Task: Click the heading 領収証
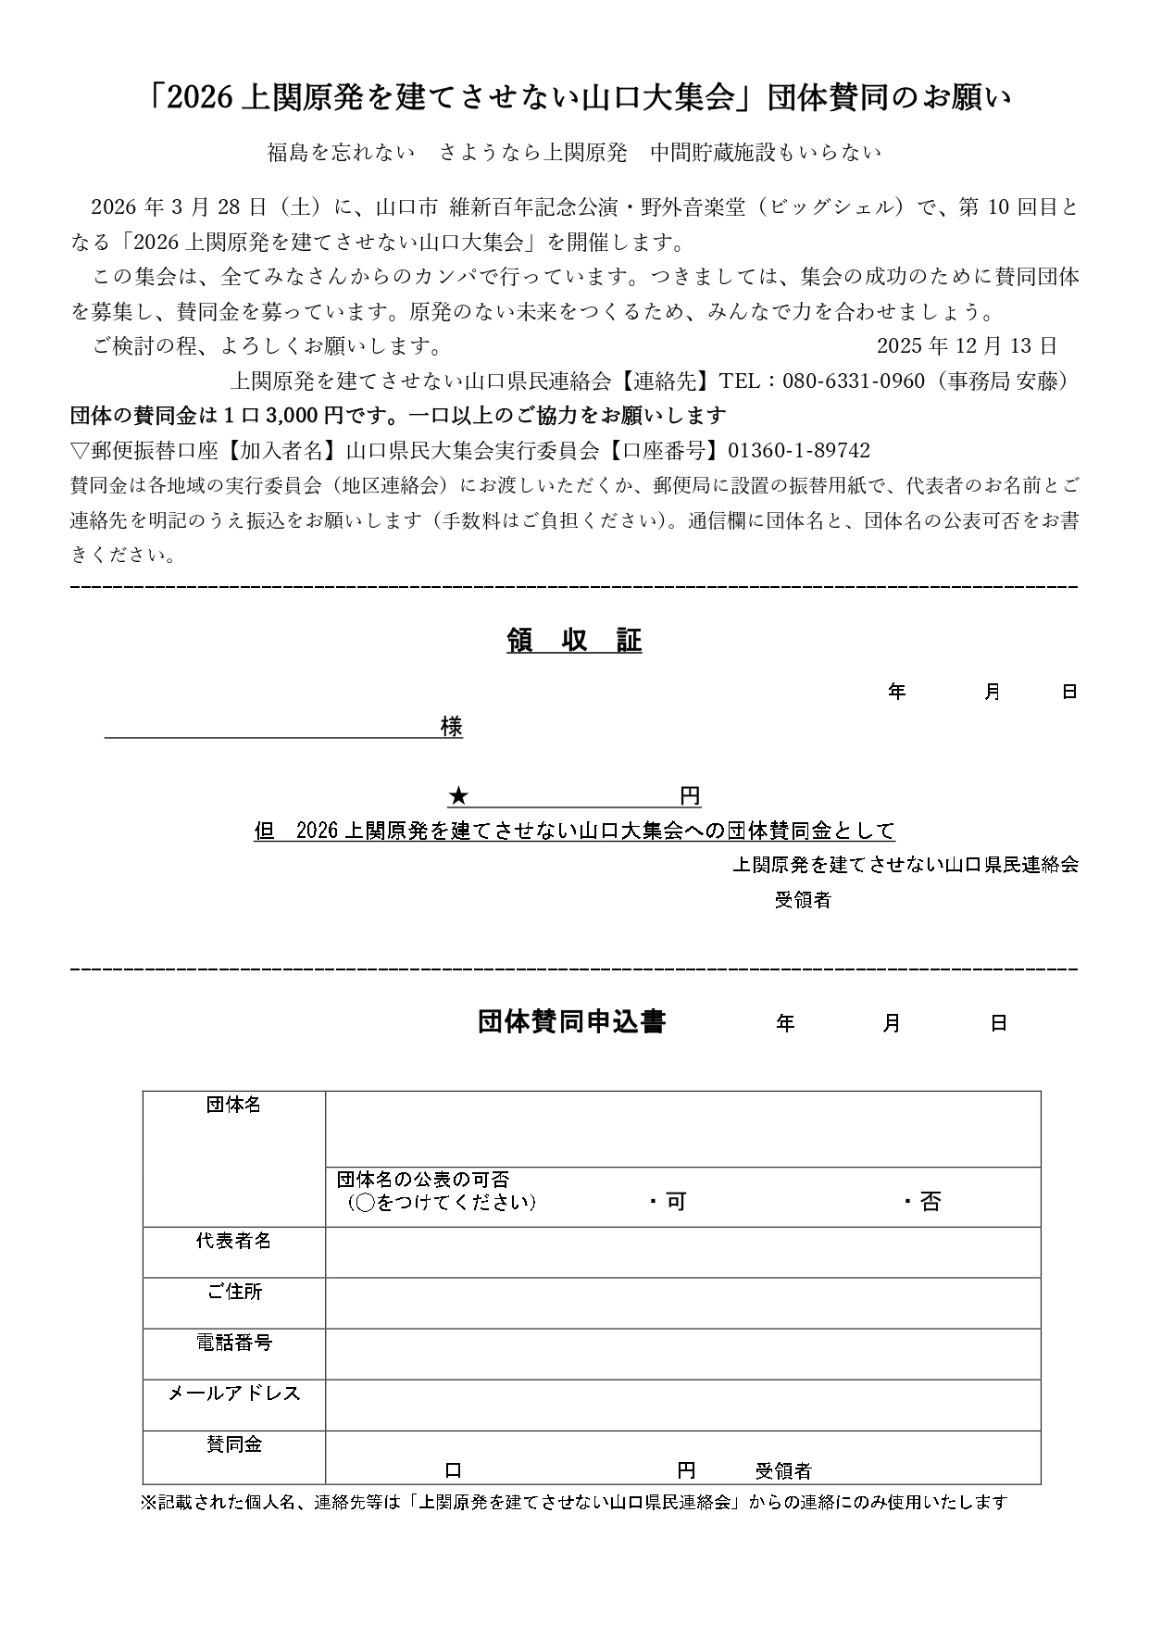[x=574, y=641]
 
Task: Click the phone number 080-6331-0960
[x=853, y=381]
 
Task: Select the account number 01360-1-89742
[x=798, y=451]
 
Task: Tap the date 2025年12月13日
[x=967, y=346]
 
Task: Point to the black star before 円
[x=458, y=796]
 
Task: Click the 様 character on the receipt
[x=452, y=727]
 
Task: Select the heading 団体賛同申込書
[x=571, y=1021]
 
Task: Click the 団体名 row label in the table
[x=233, y=1105]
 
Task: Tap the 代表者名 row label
[x=233, y=1241]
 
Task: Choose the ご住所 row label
[x=233, y=1292]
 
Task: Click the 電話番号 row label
[x=233, y=1343]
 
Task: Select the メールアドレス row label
[x=233, y=1394]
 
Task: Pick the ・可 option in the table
[x=668, y=1202]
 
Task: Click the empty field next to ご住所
[x=682, y=1304]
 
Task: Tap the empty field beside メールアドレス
[x=682, y=1406]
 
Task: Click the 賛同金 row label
[x=233, y=1444]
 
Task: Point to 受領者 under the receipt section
[x=803, y=900]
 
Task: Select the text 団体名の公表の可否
[x=423, y=1180]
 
